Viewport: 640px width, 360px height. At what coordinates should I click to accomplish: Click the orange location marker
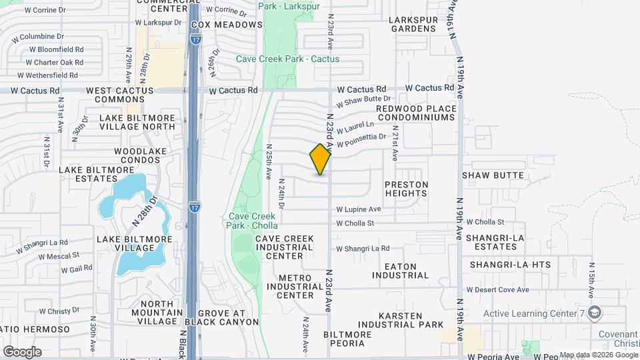pos(321,159)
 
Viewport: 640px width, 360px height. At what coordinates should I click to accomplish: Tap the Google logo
pos(22,351)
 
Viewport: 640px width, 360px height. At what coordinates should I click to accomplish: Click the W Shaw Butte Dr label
pos(363,101)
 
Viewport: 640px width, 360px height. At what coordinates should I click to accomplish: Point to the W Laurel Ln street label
pos(355,127)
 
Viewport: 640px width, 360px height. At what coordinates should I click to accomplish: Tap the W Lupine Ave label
pos(358,209)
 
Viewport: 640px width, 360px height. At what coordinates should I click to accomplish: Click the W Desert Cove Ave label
pos(497,289)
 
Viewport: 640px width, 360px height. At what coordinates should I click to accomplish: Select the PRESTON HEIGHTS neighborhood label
pos(406,189)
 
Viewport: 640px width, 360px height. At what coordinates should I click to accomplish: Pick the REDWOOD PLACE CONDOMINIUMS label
pos(416,113)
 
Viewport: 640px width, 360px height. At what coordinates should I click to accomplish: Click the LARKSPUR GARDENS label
pos(414,24)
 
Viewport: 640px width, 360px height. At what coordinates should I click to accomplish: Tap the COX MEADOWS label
pos(227,25)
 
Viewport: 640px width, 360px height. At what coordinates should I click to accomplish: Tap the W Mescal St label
pos(59,255)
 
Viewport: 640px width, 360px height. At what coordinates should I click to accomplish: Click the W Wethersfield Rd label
pos(47,75)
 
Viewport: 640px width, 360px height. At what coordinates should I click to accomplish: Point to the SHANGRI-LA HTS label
pos(510,265)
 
